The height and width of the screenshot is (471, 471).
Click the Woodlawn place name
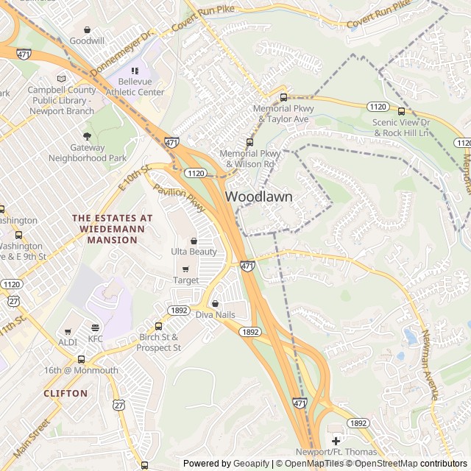(258, 196)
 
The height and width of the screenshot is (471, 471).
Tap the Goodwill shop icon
(88, 30)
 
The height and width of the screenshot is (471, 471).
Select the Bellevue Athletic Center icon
(135, 71)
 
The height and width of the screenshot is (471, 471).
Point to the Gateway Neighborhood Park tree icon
(88, 136)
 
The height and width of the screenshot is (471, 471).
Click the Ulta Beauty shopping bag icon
(194, 241)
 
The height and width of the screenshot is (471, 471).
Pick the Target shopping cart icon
(185, 269)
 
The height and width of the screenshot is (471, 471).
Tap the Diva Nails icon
(215, 303)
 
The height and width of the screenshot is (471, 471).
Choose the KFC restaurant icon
(95, 328)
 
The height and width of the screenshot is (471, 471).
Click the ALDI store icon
(68, 332)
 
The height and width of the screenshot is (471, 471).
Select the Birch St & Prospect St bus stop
(158, 326)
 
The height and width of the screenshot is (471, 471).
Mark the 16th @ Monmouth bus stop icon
(81, 359)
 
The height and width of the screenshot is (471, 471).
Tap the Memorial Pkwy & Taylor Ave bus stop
(283, 97)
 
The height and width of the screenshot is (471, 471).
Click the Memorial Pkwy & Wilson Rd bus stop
(249, 142)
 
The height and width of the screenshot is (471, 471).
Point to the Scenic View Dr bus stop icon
(401, 111)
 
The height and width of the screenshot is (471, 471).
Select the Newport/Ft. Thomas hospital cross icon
(336, 440)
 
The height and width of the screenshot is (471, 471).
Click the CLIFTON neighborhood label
(65, 394)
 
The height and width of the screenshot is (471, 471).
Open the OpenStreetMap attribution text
(382, 464)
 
